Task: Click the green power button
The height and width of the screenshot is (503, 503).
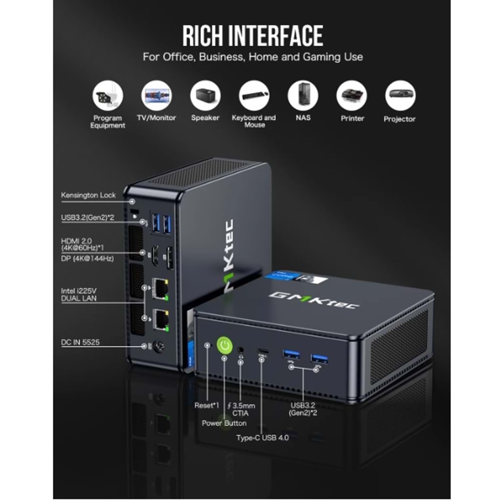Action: pyautogui.click(x=224, y=346)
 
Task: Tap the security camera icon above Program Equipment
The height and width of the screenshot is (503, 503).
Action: pyautogui.click(x=108, y=95)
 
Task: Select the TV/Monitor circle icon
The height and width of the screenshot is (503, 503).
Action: pyautogui.click(x=156, y=95)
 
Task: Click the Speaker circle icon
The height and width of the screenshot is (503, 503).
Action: pyautogui.click(x=205, y=95)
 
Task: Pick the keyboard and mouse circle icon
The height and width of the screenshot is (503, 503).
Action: pyautogui.click(x=255, y=95)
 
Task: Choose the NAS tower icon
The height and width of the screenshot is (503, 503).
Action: pyautogui.click(x=303, y=95)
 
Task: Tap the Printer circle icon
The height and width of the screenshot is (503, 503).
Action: pyautogui.click(x=352, y=95)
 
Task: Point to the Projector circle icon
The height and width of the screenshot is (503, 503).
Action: pyautogui.click(x=400, y=95)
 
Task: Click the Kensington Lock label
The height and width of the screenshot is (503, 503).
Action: pyautogui.click(x=88, y=195)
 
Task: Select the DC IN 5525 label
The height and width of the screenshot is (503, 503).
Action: pyautogui.click(x=80, y=342)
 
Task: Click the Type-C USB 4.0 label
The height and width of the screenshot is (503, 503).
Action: pyautogui.click(x=263, y=438)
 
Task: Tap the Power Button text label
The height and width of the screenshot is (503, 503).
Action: pyautogui.click(x=224, y=423)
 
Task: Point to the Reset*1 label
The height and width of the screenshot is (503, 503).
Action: pyautogui.click(x=207, y=405)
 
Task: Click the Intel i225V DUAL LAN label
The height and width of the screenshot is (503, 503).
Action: pyautogui.click(x=79, y=294)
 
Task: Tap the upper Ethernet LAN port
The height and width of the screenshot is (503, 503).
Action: pyautogui.click(x=160, y=289)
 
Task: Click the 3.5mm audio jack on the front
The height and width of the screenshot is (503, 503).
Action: pyautogui.click(x=240, y=350)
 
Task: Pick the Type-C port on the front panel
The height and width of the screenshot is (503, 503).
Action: pyautogui.click(x=263, y=351)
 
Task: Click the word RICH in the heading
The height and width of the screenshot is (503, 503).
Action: pyautogui.click(x=202, y=36)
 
